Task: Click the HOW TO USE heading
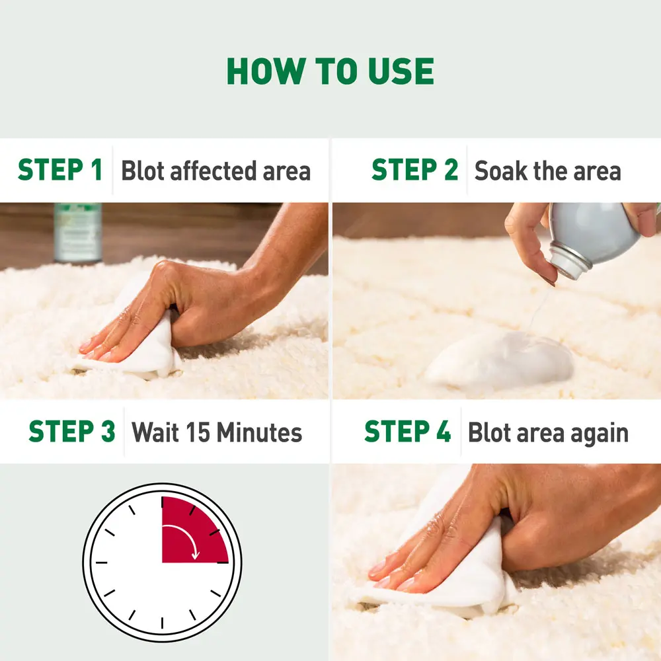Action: point(330,71)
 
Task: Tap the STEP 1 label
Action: point(60,171)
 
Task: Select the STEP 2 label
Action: point(414,171)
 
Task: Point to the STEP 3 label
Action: point(72,432)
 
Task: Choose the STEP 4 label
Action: point(407,432)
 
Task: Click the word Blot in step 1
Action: point(143,171)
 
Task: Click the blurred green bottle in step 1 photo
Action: point(78,231)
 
